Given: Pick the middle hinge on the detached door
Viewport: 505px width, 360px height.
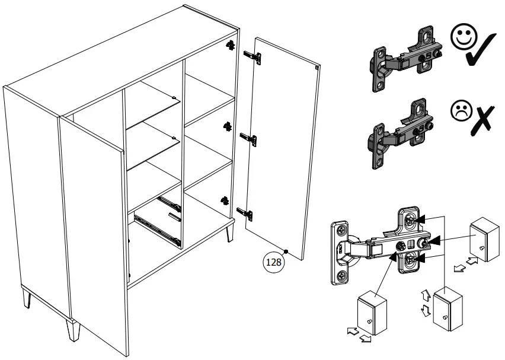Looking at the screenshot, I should pos(248,139).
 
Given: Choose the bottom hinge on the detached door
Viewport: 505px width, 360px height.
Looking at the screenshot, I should pos(245,212).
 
